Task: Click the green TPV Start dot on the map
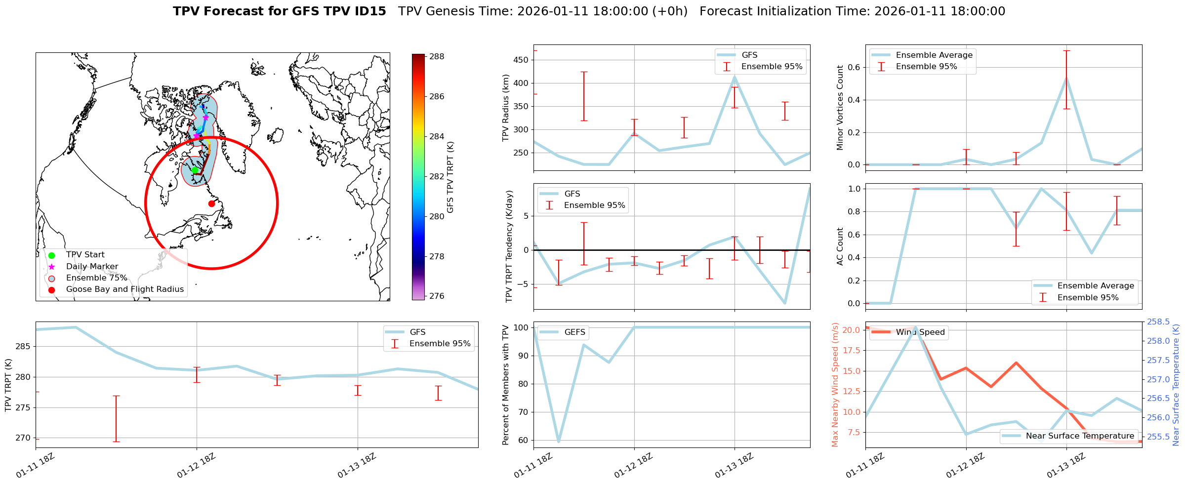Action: (195, 170)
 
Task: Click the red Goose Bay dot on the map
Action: (211, 203)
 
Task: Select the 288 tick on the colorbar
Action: (436, 57)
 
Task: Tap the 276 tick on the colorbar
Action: (436, 296)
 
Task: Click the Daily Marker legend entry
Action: (92, 267)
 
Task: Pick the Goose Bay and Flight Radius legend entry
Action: (124, 289)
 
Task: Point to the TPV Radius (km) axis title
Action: (506, 108)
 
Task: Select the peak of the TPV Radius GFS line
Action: (735, 77)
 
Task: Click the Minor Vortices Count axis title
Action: (840, 108)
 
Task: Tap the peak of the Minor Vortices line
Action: (1067, 78)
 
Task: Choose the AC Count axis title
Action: (840, 246)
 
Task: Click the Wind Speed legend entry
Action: (920, 332)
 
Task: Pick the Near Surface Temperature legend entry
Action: (1080, 436)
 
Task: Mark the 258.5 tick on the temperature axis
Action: (1158, 322)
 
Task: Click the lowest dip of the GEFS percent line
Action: (559, 442)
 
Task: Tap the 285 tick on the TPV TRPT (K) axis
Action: (23, 347)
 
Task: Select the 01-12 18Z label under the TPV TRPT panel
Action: (196, 466)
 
